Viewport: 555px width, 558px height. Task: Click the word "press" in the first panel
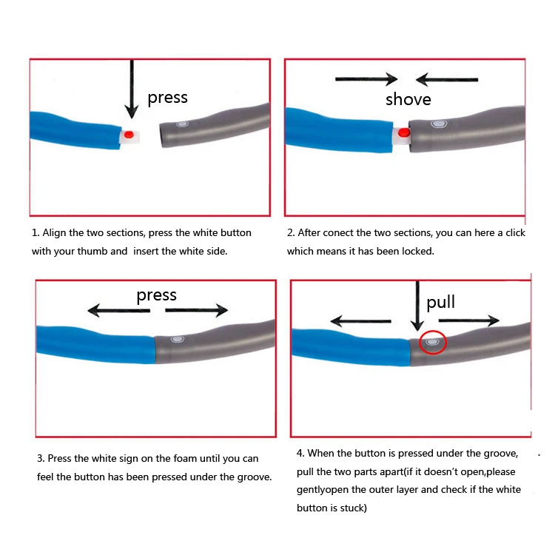click(167, 98)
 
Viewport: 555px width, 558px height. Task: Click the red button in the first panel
click(129, 135)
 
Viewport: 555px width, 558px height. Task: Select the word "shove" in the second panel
click(408, 99)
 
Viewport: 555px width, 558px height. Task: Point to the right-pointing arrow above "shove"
click(367, 79)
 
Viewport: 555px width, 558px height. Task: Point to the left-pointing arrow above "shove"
click(446, 79)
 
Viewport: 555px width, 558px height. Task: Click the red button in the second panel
click(404, 133)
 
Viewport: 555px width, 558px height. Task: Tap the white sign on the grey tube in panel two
click(437, 125)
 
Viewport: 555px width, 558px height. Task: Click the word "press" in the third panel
click(156, 295)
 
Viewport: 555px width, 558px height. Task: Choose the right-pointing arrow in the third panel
click(197, 311)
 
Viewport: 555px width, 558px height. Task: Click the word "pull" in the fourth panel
click(441, 302)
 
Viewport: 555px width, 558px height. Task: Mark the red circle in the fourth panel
click(433, 342)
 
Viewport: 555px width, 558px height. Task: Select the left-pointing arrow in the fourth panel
click(360, 321)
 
